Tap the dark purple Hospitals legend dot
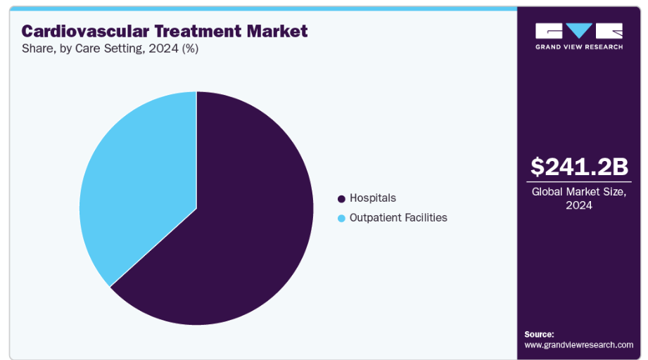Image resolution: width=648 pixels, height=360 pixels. pyautogui.click(x=341, y=199)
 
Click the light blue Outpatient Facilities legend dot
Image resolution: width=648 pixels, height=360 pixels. pyautogui.click(x=341, y=219)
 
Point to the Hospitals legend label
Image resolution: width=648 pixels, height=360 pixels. pyautogui.click(x=373, y=198)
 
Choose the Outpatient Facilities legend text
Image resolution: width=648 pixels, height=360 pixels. pyautogui.click(x=398, y=217)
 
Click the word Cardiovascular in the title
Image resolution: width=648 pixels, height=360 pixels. pyautogui.click(x=86, y=32)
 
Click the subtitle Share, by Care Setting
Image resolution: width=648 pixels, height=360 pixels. pyautogui.click(x=84, y=49)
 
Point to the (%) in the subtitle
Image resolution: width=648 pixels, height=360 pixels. pyautogui.click(x=190, y=49)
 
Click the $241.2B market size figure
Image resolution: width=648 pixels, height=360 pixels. pyautogui.click(x=579, y=167)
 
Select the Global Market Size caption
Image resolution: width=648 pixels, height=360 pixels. pyautogui.click(x=579, y=192)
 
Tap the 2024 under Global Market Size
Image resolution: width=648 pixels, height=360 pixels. pyautogui.click(x=579, y=205)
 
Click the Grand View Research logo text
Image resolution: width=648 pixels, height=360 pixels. pyautogui.click(x=579, y=47)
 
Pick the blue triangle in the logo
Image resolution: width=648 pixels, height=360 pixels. pyautogui.click(x=579, y=30)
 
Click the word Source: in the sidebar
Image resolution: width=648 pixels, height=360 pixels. pyautogui.click(x=540, y=335)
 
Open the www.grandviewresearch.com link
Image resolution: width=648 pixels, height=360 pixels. pyautogui.click(x=578, y=345)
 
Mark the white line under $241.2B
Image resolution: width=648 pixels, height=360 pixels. pyautogui.click(x=579, y=181)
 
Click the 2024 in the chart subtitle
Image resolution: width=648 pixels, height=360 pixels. pyautogui.click(x=164, y=49)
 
